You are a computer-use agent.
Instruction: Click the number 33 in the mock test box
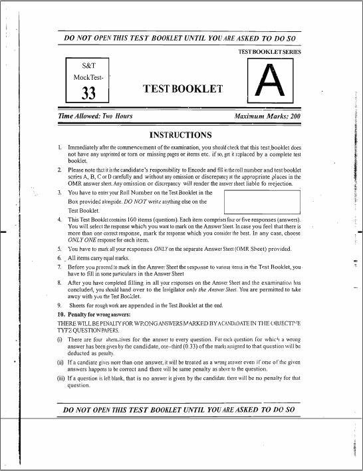pyautogui.click(x=89, y=94)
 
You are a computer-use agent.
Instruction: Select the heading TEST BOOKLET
pyautogui.click(x=183, y=88)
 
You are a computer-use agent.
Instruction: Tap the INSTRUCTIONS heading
pyautogui.click(x=181, y=135)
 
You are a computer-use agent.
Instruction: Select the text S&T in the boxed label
pyautogui.click(x=88, y=67)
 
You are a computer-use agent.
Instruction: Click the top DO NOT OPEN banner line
pyautogui.click(x=180, y=38)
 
